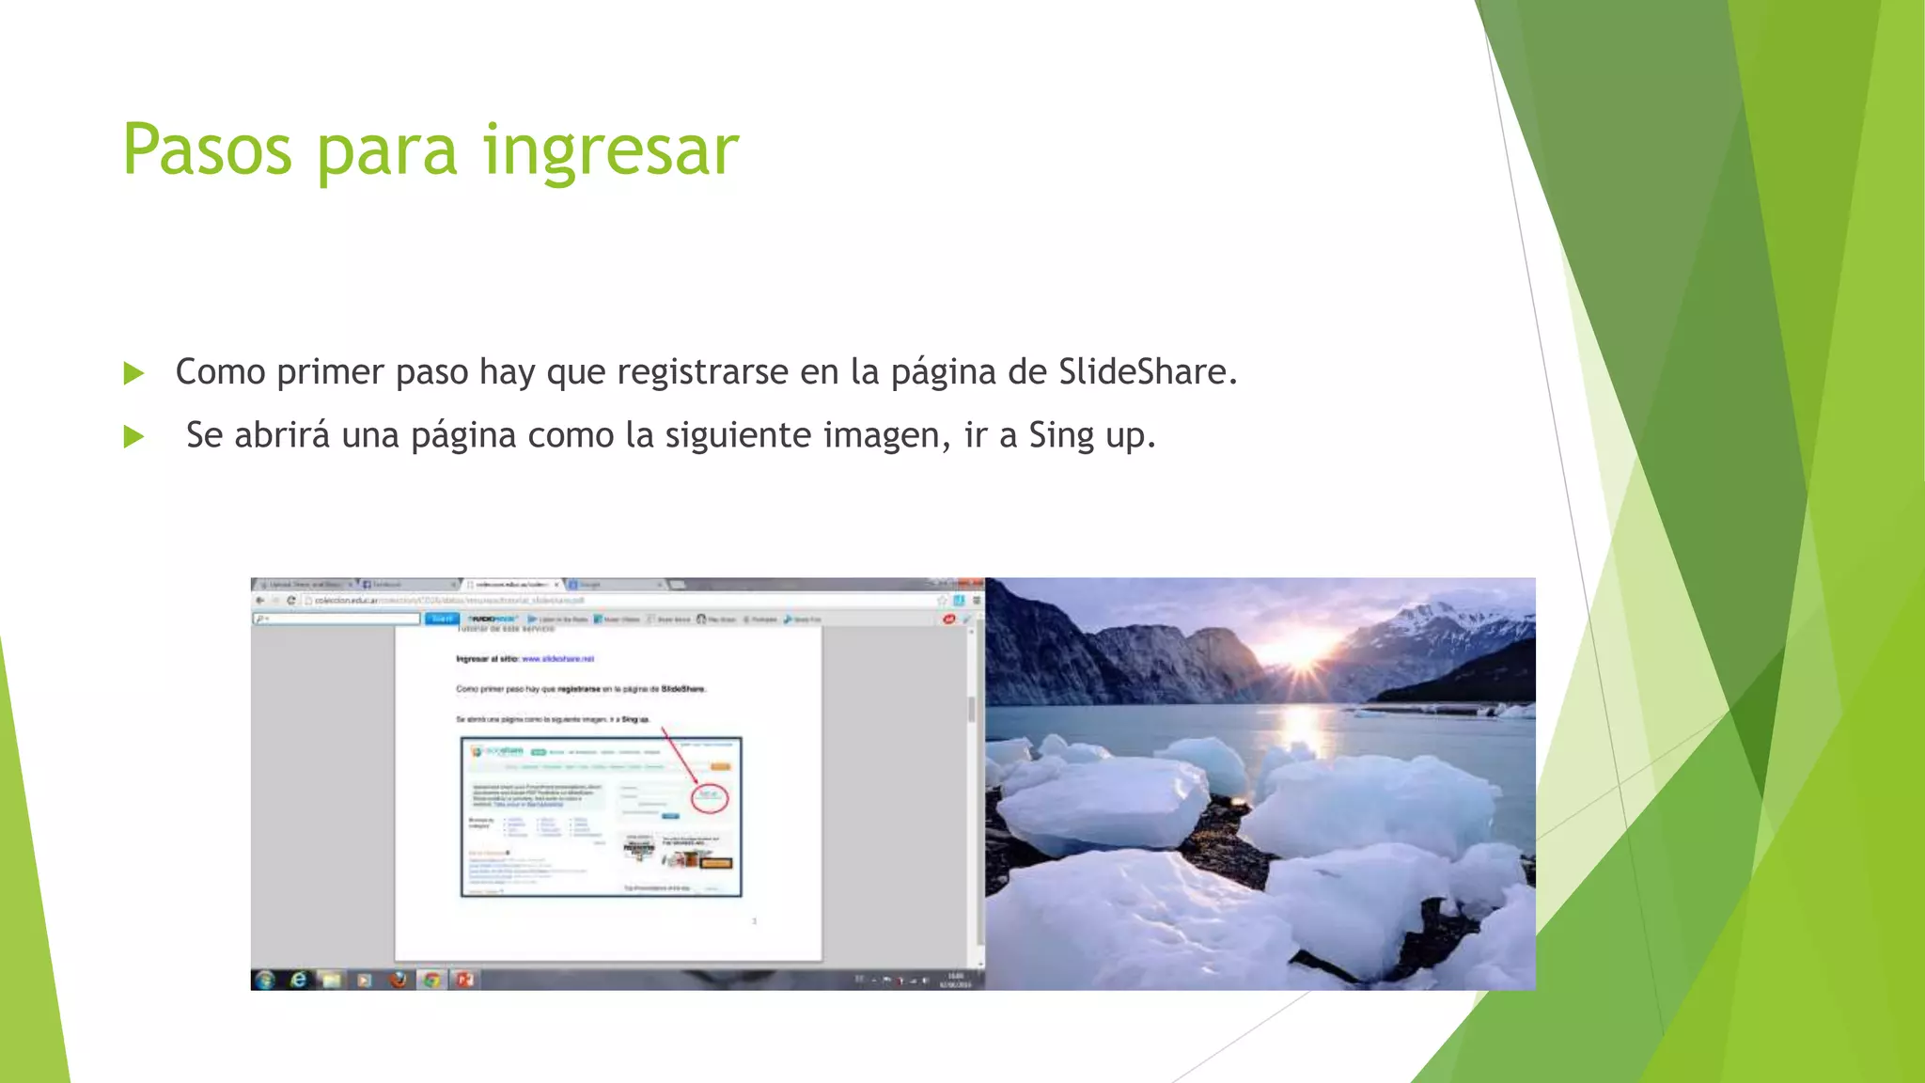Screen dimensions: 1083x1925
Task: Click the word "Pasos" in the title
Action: pyautogui.click(x=208, y=150)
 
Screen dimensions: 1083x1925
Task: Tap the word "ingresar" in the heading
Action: pyautogui.click(x=611, y=150)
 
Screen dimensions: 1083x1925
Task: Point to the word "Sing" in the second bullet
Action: pyautogui.click(x=1061, y=435)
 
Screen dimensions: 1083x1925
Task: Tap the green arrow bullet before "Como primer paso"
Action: pyautogui.click(x=134, y=373)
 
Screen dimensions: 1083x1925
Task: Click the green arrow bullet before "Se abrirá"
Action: pyautogui.click(x=134, y=436)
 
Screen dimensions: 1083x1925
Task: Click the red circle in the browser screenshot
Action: pyautogui.click(x=710, y=797)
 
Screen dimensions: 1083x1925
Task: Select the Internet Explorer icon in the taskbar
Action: pyautogui.click(x=299, y=980)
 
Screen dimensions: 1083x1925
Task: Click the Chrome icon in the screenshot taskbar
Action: pyautogui.click(x=431, y=980)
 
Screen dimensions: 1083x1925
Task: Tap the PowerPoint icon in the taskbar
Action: pyautogui.click(x=464, y=980)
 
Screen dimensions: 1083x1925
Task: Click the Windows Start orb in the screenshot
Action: pyautogui.click(x=265, y=980)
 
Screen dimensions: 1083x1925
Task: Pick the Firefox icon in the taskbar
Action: pyautogui.click(x=399, y=980)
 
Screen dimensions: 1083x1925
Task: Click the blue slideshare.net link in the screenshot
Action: pyautogui.click(x=557, y=659)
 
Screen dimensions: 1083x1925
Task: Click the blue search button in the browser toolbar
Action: pyautogui.click(x=442, y=619)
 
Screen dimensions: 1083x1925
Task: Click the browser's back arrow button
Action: pyautogui.click(x=260, y=600)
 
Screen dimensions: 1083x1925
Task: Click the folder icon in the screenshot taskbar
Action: pyautogui.click(x=332, y=980)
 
